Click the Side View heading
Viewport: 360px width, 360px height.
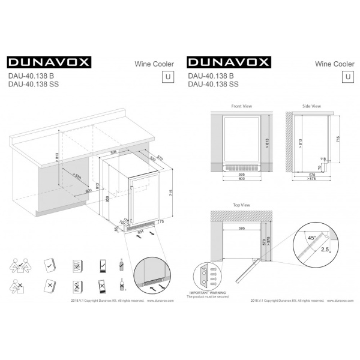pyautogui.click(x=311, y=106)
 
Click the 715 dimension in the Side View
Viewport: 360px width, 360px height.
pyautogui.click(x=338, y=139)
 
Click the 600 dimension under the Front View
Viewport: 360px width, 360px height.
pyautogui.click(x=241, y=179)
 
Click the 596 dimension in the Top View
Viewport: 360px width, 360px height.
pyautogui.click(x=241, y=229)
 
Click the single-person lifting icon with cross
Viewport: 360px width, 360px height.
pyautogui.click(x=19, y=285)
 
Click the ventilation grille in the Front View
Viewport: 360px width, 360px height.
pyautogui.click(x=241, y=167)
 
